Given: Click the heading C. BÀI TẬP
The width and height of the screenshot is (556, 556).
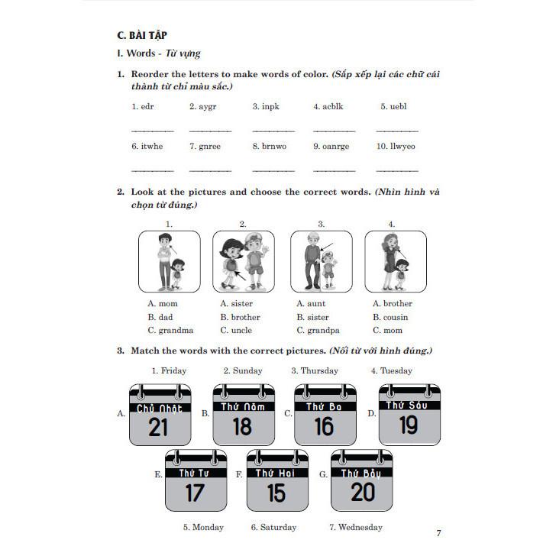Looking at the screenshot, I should point(142,34).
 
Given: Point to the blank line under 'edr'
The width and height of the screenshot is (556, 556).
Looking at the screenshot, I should point(152,131).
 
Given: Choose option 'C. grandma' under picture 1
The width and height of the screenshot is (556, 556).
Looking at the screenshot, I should point(170,331).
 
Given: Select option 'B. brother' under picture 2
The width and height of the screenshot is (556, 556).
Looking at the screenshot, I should point(240,317).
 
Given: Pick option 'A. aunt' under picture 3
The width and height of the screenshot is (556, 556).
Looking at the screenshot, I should point(311,303).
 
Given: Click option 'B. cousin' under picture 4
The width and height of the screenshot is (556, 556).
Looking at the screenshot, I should point(390,317).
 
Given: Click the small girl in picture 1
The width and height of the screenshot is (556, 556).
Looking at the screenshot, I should point(178,273).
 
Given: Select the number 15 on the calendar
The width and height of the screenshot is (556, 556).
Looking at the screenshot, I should point(276,493).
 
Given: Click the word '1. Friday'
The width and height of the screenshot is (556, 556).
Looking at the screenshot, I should point(168,370).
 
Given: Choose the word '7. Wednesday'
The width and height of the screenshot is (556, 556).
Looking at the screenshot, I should point(355,527).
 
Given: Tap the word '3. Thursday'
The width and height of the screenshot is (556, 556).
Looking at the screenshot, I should point(315,370).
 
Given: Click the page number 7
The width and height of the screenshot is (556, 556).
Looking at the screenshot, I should point(438,532).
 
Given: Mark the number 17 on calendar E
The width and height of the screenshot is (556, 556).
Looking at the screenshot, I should point(195,493).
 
